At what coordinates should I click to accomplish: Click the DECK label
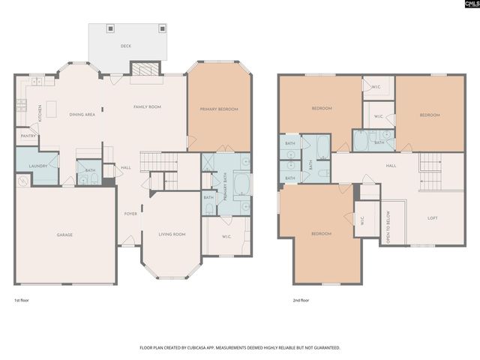point(126,46)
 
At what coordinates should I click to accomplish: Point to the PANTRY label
point(28,136)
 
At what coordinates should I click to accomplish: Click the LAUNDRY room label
point(38,166)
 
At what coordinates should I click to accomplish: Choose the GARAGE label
point(65,235)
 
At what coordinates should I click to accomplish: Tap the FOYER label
point(130,214)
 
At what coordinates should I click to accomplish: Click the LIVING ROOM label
point(172,235)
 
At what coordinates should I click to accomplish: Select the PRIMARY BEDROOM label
point(218,109)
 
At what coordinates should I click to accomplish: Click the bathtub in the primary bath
point(242,184)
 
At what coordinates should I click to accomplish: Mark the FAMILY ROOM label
point(147,107)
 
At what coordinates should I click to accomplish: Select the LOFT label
point(432,218)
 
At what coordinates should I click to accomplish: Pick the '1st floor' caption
point(22,299)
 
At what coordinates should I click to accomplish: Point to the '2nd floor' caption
point(301,299)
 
